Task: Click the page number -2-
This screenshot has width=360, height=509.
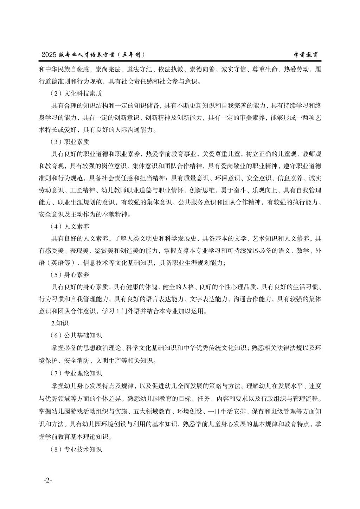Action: click(x=48, y=481)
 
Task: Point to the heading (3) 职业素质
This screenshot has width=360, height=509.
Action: click(x=70, y=142)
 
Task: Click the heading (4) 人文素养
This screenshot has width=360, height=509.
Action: click(x=70, y=226)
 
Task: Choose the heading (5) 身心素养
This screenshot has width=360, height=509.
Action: click(x=70, y=275)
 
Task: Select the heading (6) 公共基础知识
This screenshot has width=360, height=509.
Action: click(x=76, y=336)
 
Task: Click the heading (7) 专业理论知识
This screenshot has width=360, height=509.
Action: click(x=76, y=373)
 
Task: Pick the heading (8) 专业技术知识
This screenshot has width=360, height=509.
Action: click(x=76, y=449)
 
